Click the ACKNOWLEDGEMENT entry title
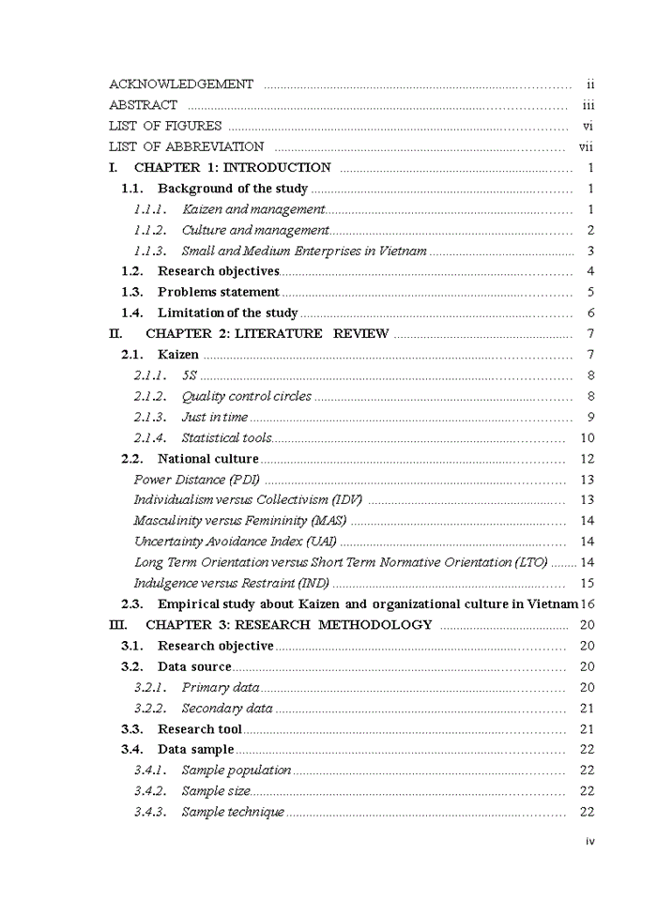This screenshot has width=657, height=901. coord(181,84)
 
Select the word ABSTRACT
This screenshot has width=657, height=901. coord(143,105)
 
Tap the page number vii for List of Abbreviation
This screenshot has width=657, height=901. coord(586,146)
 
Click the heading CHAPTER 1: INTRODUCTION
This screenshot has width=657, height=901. coord(232,168)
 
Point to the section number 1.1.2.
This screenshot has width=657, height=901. coord(150,230)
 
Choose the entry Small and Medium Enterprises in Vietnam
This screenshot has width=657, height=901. coord(304,251)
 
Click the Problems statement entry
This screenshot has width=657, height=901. coord(218,292)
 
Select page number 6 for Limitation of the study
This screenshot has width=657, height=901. coord(590,313)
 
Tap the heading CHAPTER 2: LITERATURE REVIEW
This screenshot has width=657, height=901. coord(267,333)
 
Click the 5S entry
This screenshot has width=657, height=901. coord(190,375)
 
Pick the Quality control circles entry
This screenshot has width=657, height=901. coord(246,396)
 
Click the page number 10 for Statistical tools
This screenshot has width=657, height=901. coord(588,437)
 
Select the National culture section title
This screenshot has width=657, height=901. coord(207,459)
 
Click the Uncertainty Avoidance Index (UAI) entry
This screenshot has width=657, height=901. coord(235,542)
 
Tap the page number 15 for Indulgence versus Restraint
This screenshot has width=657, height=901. coord(588,583)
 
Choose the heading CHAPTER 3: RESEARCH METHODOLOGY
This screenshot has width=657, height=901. coord(288,624)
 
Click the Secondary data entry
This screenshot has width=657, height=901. coord(227,709)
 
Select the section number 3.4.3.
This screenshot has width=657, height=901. coord(150,812)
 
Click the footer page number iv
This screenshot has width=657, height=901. coord(589,841)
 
